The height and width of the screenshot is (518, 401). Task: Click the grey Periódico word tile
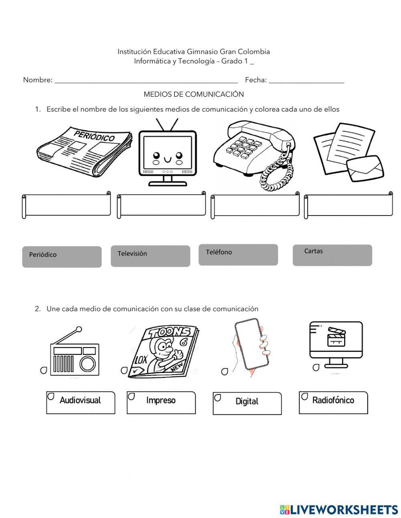point(62,257)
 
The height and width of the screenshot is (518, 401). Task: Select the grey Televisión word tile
point(150,256)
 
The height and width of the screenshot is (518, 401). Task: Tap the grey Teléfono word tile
point(238,255)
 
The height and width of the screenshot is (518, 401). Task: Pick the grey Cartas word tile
point(332,255)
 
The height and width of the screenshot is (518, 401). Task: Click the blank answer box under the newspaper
point(67,205)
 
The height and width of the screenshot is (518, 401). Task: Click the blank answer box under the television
point(161,206)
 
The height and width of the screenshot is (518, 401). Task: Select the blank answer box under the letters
point(348,206)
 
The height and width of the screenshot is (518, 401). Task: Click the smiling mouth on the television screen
point(168,160)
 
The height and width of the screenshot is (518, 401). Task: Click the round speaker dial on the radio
point(87,363)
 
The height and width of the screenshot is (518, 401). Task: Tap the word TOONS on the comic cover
point(169,333)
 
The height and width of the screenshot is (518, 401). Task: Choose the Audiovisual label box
point(81,402)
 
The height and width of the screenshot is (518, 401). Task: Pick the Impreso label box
point(161,402)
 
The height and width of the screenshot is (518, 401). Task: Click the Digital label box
point(247,403)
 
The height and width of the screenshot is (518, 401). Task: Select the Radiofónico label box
point(333,402)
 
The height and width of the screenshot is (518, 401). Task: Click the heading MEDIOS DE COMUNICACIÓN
point(194,94)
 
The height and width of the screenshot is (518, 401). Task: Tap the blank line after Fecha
point(306,81)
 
